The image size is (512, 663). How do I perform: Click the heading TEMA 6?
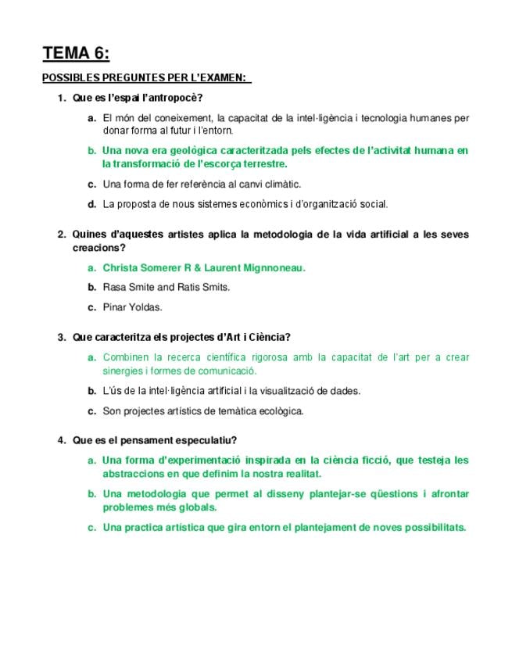[x=76, y=53]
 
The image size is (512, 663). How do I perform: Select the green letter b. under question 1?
[x=92, y=150]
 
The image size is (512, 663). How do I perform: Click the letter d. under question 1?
[x=92, y=204]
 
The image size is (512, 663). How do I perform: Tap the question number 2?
[x=61, y=234]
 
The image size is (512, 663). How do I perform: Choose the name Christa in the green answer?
[x=119, y=267]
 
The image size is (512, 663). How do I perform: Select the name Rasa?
[x=115, y=287]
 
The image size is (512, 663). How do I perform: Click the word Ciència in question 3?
[x=267, y=337]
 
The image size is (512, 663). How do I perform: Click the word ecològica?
[x=279, y=410]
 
